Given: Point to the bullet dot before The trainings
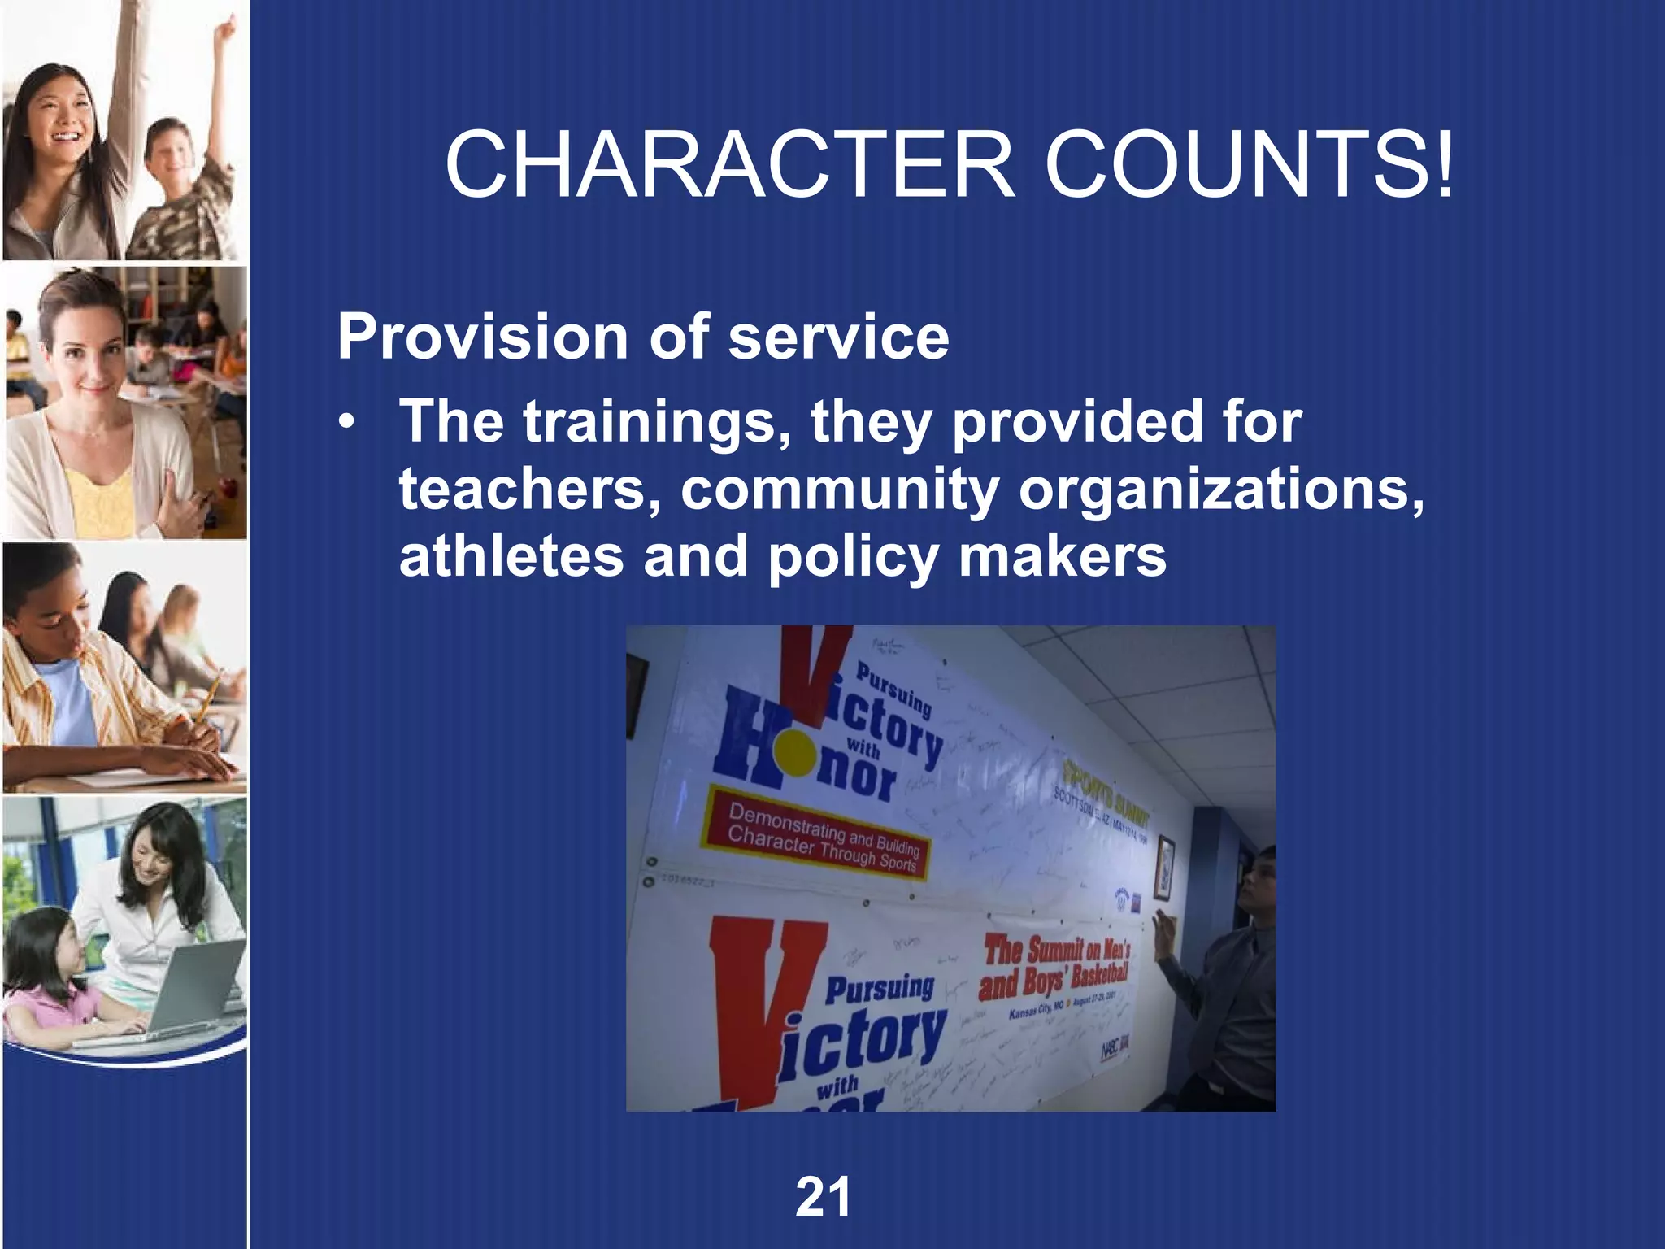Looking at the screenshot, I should coord(348,424).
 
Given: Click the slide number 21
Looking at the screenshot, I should coord(823,1198).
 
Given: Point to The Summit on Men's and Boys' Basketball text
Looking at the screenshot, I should coord(1055,968).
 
